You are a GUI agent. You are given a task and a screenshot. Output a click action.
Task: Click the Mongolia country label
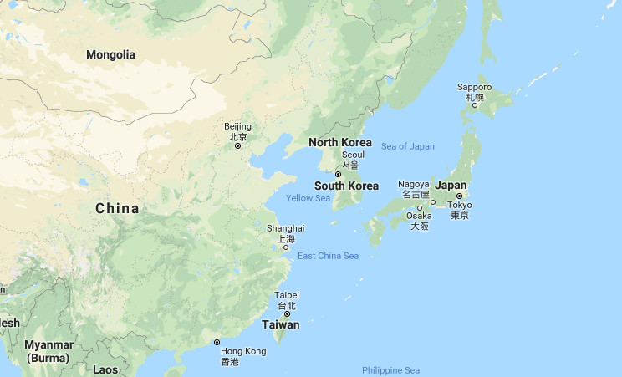point(110,54)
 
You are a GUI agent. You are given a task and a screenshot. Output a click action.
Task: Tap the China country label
point(117,208)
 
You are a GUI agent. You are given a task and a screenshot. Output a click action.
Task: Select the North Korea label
point(339,142)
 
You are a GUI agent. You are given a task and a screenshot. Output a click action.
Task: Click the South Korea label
point(346,186)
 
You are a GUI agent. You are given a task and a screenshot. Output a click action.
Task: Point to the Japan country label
point(451,185)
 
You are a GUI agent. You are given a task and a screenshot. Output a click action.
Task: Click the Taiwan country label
point(281,324)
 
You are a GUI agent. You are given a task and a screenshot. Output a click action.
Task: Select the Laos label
point(105,369)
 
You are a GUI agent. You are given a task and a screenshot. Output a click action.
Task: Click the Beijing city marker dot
point(237,145)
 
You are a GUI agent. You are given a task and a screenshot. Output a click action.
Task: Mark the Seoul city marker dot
point(339,174)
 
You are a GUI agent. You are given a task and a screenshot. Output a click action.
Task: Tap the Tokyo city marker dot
point(459,196)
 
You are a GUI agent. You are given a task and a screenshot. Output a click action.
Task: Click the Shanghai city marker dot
point(285,247)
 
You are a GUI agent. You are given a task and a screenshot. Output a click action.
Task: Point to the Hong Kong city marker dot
point(217,342)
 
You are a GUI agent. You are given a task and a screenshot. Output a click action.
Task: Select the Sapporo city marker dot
point(474,105)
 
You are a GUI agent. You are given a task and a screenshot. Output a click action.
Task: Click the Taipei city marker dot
point(287,314)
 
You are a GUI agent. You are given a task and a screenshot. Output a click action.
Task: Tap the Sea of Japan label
point(408,146)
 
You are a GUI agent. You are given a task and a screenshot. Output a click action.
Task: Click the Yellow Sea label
point(308,198)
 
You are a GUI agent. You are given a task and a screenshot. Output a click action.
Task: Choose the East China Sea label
point(328,256)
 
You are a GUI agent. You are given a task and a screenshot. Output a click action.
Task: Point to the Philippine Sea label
point(391,370)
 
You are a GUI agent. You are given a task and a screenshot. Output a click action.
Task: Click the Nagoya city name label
point(413,184)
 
